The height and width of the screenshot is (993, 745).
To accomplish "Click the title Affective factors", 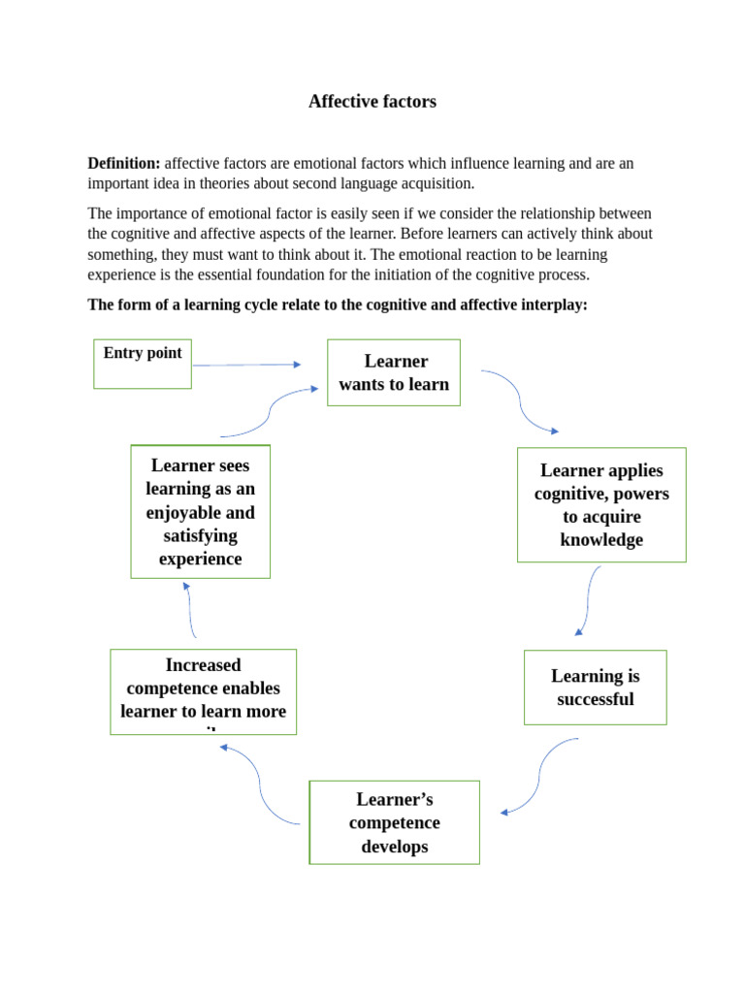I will coord(372,102).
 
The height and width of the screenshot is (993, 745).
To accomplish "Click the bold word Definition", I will coord(123,164).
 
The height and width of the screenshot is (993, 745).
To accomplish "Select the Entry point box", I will coord(143,363).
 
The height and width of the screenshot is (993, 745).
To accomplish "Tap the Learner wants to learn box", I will coord(394,372).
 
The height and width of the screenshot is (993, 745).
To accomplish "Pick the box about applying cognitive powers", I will coord(601,504).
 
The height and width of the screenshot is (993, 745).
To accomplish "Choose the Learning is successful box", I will coord(595,688).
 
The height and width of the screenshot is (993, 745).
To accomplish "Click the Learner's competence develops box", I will coord(394,822).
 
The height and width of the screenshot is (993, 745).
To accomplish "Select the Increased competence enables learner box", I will coord(203,690).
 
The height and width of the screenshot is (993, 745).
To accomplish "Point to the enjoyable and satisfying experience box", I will coord(200,511).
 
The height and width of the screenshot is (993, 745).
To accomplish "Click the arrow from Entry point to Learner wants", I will coord(247,365).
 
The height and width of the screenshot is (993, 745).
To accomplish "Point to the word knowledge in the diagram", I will coord(601,540).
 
